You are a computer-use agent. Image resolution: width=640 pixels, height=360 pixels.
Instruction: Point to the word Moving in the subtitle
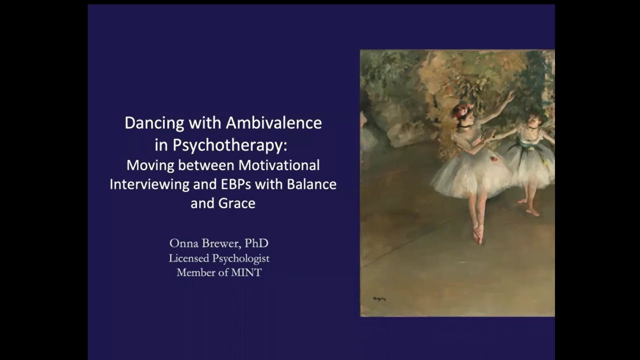147,164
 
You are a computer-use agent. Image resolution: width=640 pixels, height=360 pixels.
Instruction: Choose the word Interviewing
149,184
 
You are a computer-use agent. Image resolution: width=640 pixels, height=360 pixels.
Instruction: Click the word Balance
311,183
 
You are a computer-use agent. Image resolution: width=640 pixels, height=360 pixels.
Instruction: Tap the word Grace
238,203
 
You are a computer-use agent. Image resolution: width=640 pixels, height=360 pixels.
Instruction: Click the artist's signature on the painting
379,299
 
